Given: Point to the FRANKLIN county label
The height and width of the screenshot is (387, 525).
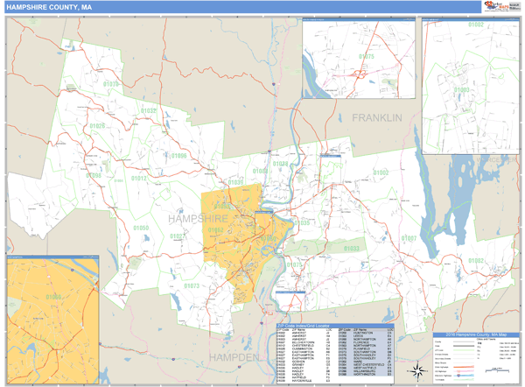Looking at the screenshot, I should tap(376, 117).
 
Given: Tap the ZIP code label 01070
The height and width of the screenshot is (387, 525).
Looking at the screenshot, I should tap(112, 84).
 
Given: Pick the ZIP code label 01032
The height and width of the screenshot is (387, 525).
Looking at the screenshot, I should tap(149, 111).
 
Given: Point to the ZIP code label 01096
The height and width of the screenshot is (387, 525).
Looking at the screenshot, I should tap(179, 156).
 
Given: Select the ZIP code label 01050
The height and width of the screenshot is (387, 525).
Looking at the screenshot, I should tap(141, 229).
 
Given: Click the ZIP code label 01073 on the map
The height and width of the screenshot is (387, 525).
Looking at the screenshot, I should tap(192, 286).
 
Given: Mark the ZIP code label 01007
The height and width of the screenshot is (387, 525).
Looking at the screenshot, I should tap(409, 238).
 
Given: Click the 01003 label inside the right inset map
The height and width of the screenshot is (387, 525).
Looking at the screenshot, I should tap(461, 90).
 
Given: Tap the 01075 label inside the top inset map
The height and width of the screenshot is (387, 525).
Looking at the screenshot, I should tap(366, 57).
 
